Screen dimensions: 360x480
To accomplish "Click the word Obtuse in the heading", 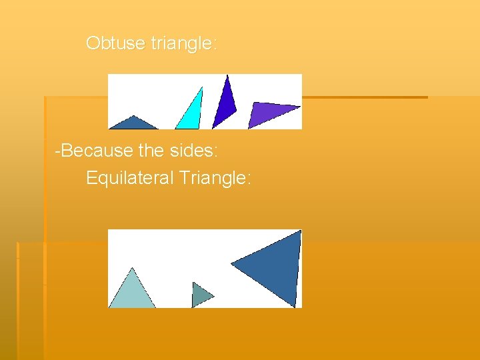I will (115, 43).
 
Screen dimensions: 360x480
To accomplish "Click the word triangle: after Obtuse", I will (184, 44).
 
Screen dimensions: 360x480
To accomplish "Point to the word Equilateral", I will (130, 178).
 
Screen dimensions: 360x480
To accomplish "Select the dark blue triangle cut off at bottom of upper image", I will (134, 123).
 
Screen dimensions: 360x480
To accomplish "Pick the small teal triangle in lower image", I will (199, 295).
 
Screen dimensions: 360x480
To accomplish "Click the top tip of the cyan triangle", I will (201, 87).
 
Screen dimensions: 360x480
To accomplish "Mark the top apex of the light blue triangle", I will (133, 268).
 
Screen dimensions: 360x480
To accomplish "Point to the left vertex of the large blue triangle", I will (232, 264).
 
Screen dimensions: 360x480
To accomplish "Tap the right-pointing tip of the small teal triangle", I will (214, 295).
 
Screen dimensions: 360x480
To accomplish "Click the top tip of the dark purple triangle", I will (227, 75).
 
